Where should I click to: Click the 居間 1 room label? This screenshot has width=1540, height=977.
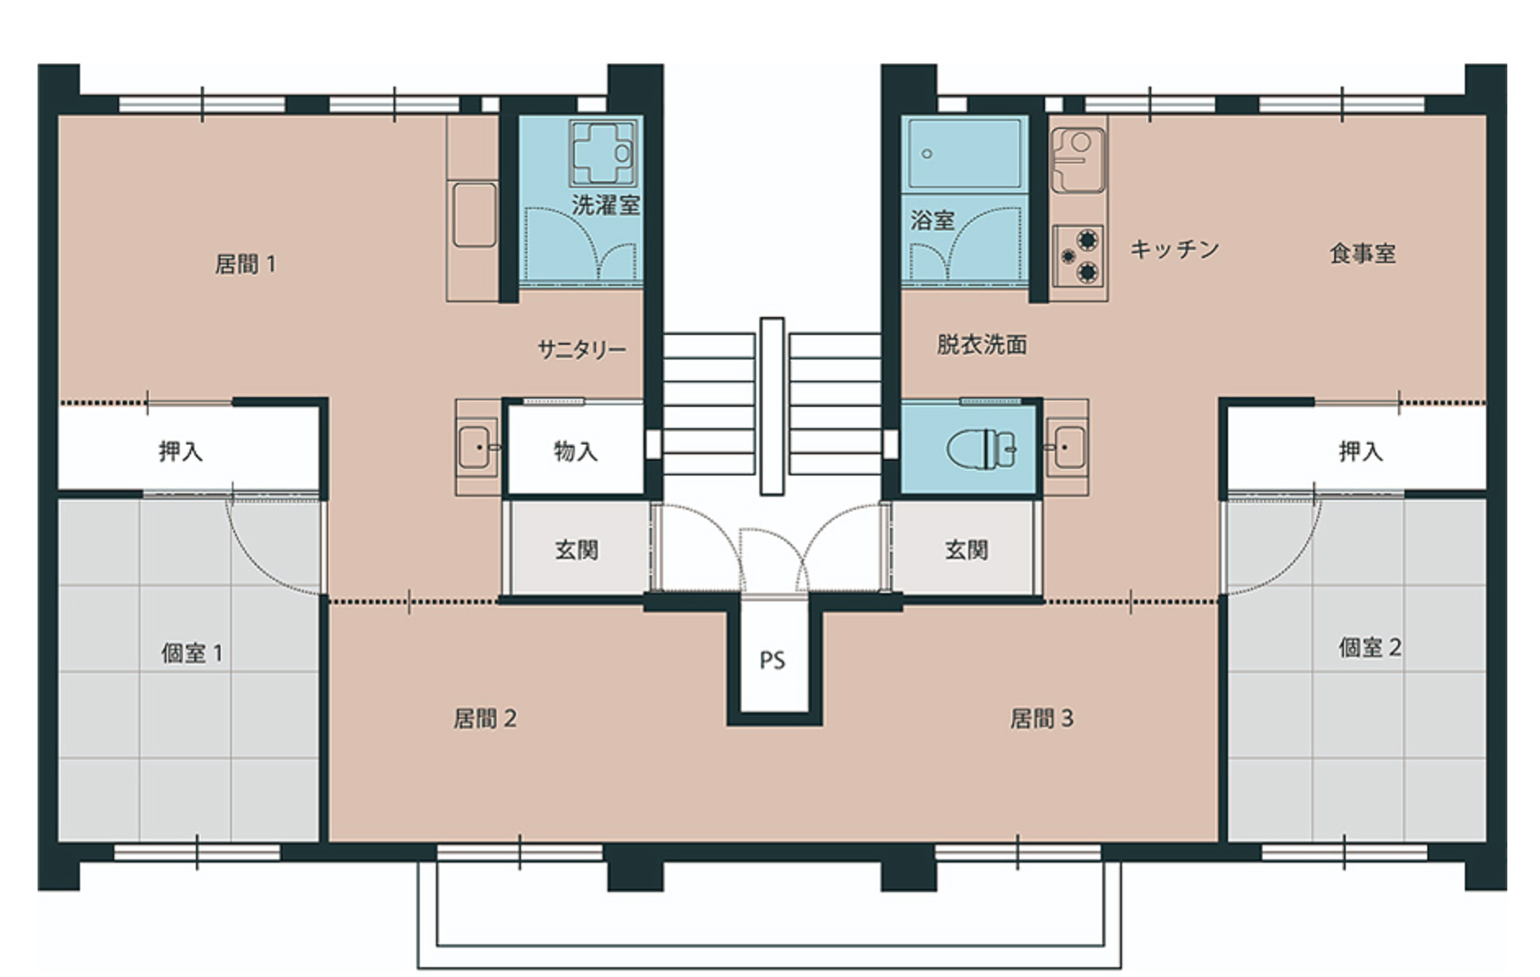[245, 264]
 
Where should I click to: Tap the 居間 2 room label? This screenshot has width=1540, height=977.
[485, 718]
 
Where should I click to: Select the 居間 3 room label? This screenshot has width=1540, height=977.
[1041, 718]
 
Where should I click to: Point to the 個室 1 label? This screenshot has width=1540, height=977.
[192, 653]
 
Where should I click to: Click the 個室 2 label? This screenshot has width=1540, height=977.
[1370, 648]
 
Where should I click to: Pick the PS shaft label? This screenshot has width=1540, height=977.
[772, 660]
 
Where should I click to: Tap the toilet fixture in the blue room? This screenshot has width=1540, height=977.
[981, 448]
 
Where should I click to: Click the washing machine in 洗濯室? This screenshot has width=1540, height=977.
[603, 153]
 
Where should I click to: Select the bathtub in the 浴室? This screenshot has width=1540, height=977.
[964, 154]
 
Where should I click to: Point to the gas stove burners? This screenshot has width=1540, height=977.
[1078, 256]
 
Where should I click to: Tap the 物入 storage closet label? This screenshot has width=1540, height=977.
[576, 451]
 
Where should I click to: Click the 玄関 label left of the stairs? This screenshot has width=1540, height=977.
[576, 550]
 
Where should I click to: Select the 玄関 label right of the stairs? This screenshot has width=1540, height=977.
[967, 550]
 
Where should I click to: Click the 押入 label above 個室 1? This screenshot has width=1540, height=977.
[180, 451]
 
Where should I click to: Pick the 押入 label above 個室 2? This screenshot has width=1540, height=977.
[1361, 451]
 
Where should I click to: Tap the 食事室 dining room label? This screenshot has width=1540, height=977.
[1363, 253]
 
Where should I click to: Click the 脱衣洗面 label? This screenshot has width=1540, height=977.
[981, 344]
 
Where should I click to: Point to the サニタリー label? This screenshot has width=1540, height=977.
[581, 350]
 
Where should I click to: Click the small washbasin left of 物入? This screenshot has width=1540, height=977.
[477, 447]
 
